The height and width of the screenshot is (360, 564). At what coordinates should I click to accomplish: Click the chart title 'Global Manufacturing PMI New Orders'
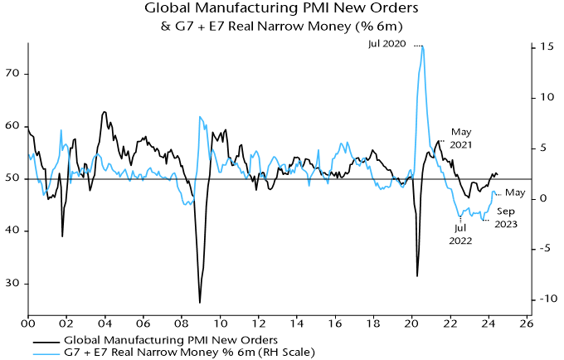(281, 10)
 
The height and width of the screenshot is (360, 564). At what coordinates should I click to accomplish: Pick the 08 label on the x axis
(181, 324)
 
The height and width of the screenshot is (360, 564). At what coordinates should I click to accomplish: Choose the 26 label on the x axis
(523, 324)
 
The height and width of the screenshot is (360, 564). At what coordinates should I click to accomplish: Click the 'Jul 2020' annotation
(388, 43)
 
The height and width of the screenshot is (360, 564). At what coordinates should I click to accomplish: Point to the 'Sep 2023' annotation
(507, 216)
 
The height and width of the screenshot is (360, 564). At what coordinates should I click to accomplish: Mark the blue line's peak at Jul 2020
(422, 46)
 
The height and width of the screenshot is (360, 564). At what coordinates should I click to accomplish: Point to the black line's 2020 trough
(417, 276)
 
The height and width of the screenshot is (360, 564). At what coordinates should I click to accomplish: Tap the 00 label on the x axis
(28, 324)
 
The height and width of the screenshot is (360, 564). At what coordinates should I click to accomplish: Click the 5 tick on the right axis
(540, 148)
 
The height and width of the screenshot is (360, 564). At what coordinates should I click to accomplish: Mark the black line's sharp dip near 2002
(62, 236)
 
